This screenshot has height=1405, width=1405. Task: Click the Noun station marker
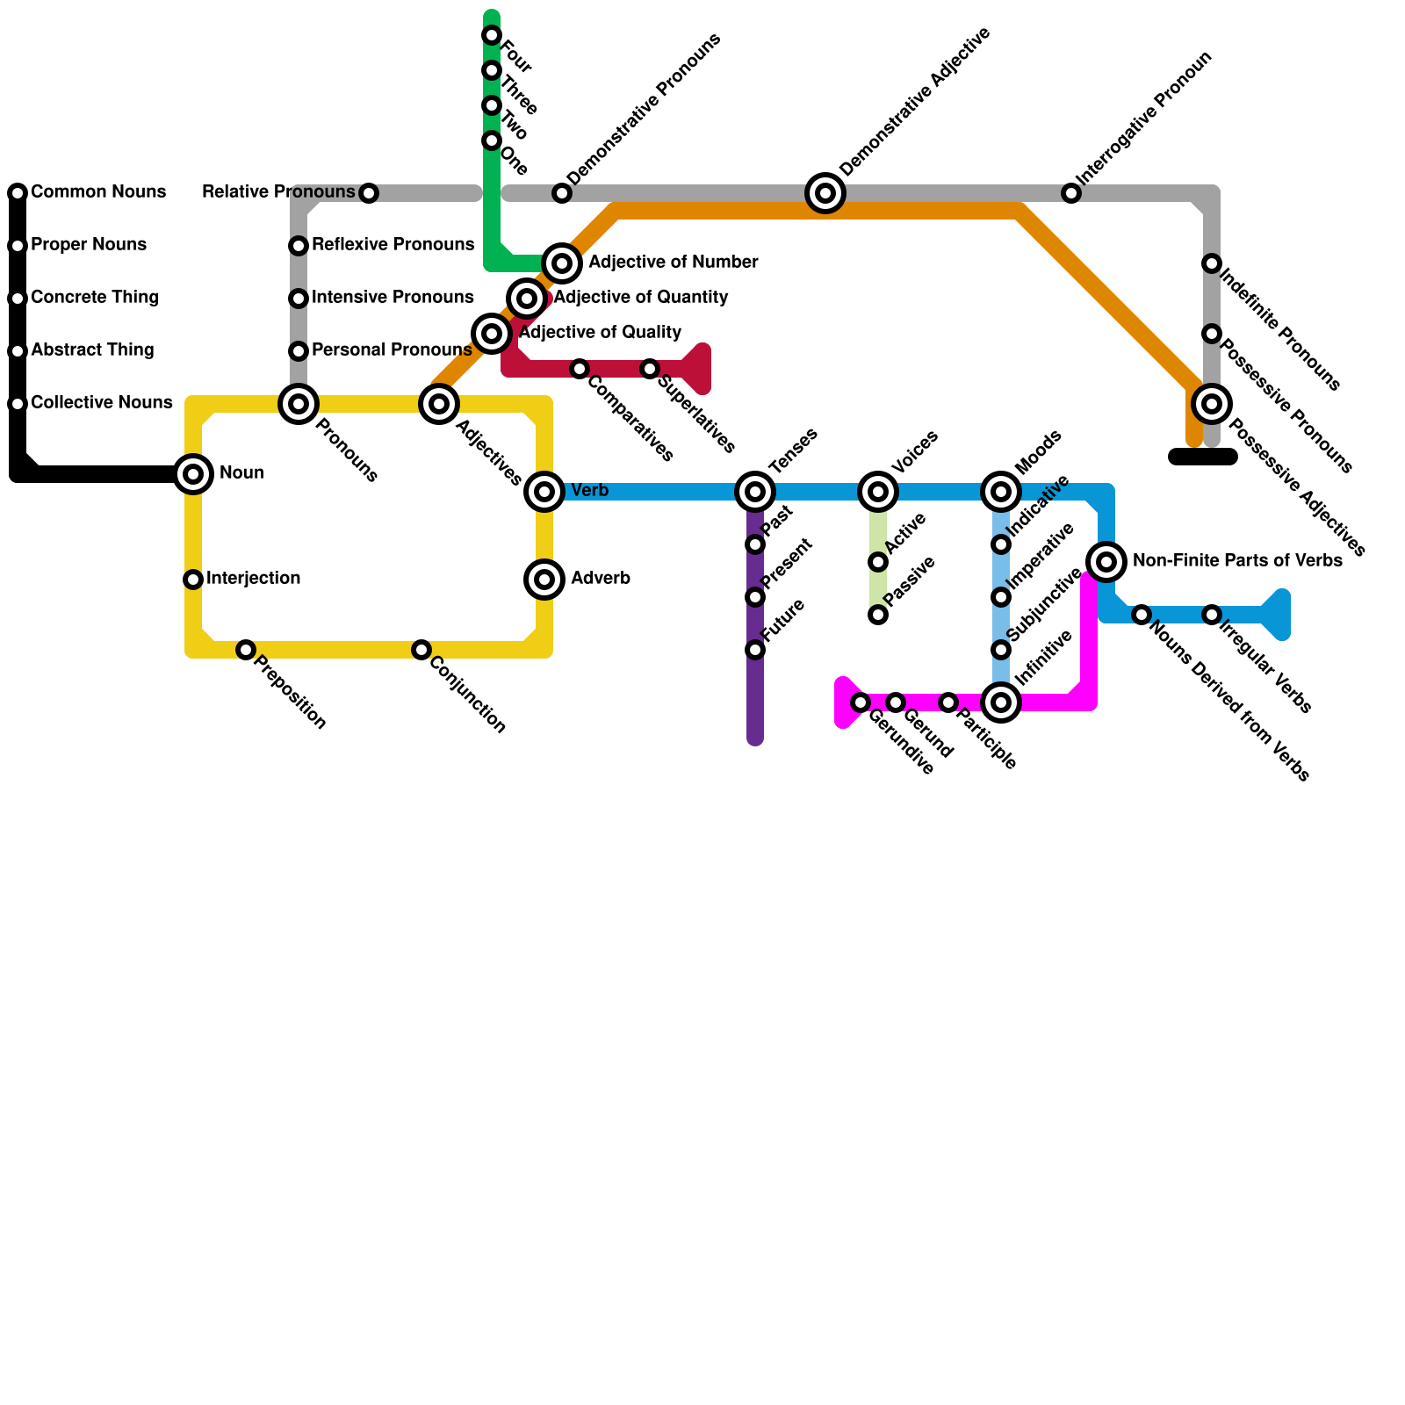(x=193, y=474)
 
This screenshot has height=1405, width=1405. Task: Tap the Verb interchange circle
(x=544, y=492)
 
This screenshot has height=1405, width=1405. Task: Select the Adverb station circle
(x=544, y=580)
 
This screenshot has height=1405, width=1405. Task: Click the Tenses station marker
(x=755, y=492)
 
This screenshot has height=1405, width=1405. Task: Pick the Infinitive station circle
(x=1001, y=702)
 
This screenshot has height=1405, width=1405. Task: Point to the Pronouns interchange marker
(x=299, y=404)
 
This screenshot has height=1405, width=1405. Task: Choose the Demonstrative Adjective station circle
(x=825, y=193)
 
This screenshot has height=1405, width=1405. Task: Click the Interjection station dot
(x=193, y=580)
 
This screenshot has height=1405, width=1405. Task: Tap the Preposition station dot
(x=246, y=650)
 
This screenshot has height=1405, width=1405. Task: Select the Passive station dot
(x=878, y=615)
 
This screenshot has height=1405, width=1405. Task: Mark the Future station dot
(x=755, y=650)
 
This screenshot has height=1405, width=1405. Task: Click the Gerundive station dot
(x=861, y=702)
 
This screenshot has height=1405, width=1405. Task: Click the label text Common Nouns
(x=98, y=192)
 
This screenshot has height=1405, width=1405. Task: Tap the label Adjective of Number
(x=673, y=263)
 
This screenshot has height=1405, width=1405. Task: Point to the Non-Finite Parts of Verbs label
(x=1236, y=561)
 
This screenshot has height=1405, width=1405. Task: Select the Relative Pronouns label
(x=278, y=192)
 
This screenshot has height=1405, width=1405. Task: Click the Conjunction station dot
(x=421, y=650)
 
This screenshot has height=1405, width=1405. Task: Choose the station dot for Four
(x=492, y=35)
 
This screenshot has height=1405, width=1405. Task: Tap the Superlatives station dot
(x=650, y=369)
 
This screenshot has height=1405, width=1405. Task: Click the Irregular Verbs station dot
(x=1212, y=615)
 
